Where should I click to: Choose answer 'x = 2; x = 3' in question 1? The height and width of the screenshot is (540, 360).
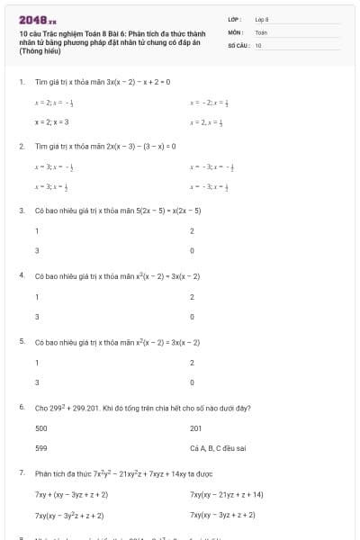tap(52, 121)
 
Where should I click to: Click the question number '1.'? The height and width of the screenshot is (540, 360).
tap(21, 81)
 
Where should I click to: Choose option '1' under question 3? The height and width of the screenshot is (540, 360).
tap(37, 231)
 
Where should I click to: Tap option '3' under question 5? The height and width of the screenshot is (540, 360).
tap(37, 382)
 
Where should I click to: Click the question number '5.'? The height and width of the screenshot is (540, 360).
tap(21, 342)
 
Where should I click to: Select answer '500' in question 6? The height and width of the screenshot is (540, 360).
tap(41, 428)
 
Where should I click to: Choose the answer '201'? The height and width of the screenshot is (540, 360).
tap(196, 428)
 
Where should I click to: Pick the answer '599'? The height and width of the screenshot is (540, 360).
tap(41, 446)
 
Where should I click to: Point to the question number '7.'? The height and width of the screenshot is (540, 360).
tap(21, 472)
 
